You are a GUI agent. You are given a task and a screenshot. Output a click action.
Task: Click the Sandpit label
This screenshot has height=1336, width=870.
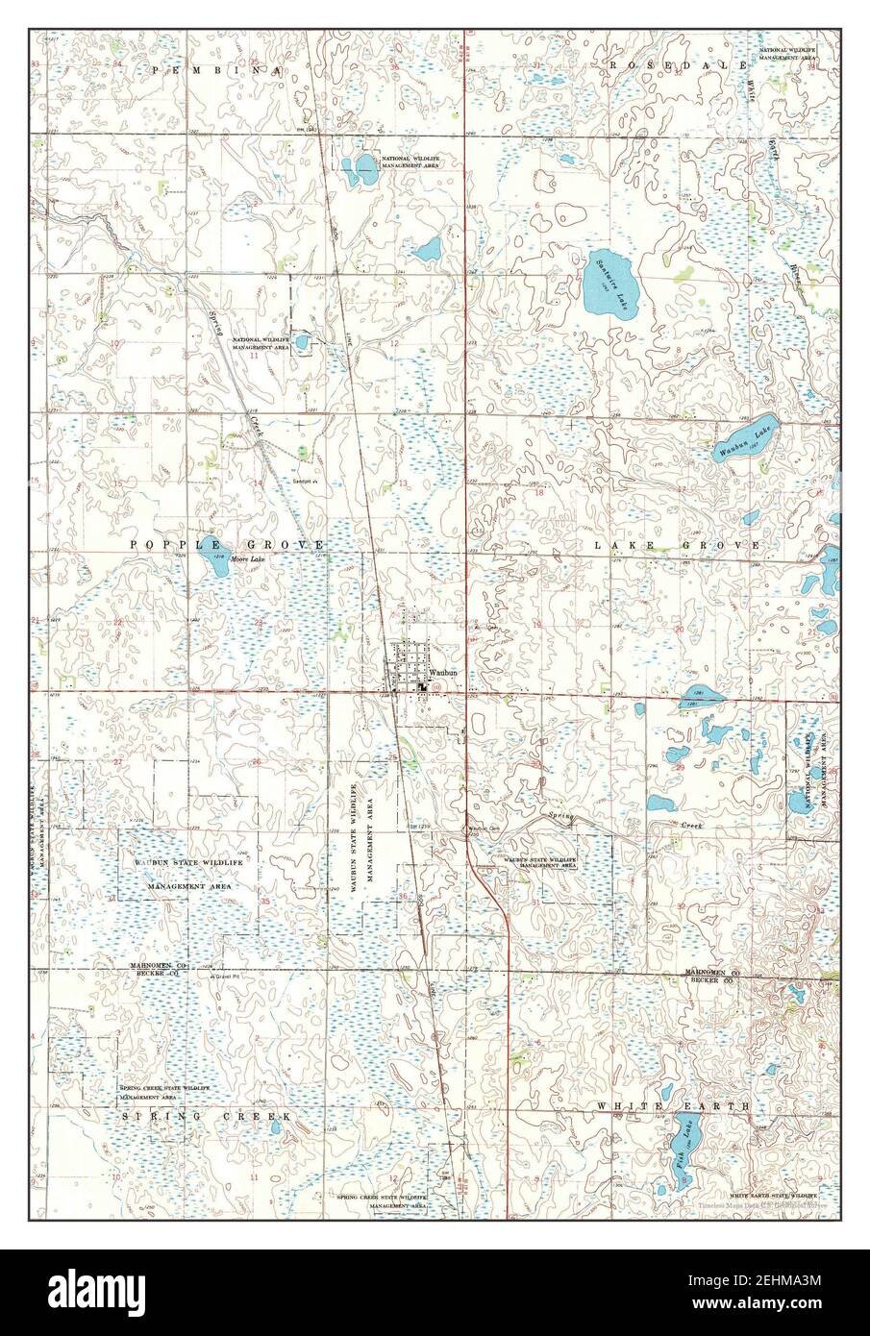[305, 482]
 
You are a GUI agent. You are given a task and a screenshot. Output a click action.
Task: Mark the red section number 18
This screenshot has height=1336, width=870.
[538, 492]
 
